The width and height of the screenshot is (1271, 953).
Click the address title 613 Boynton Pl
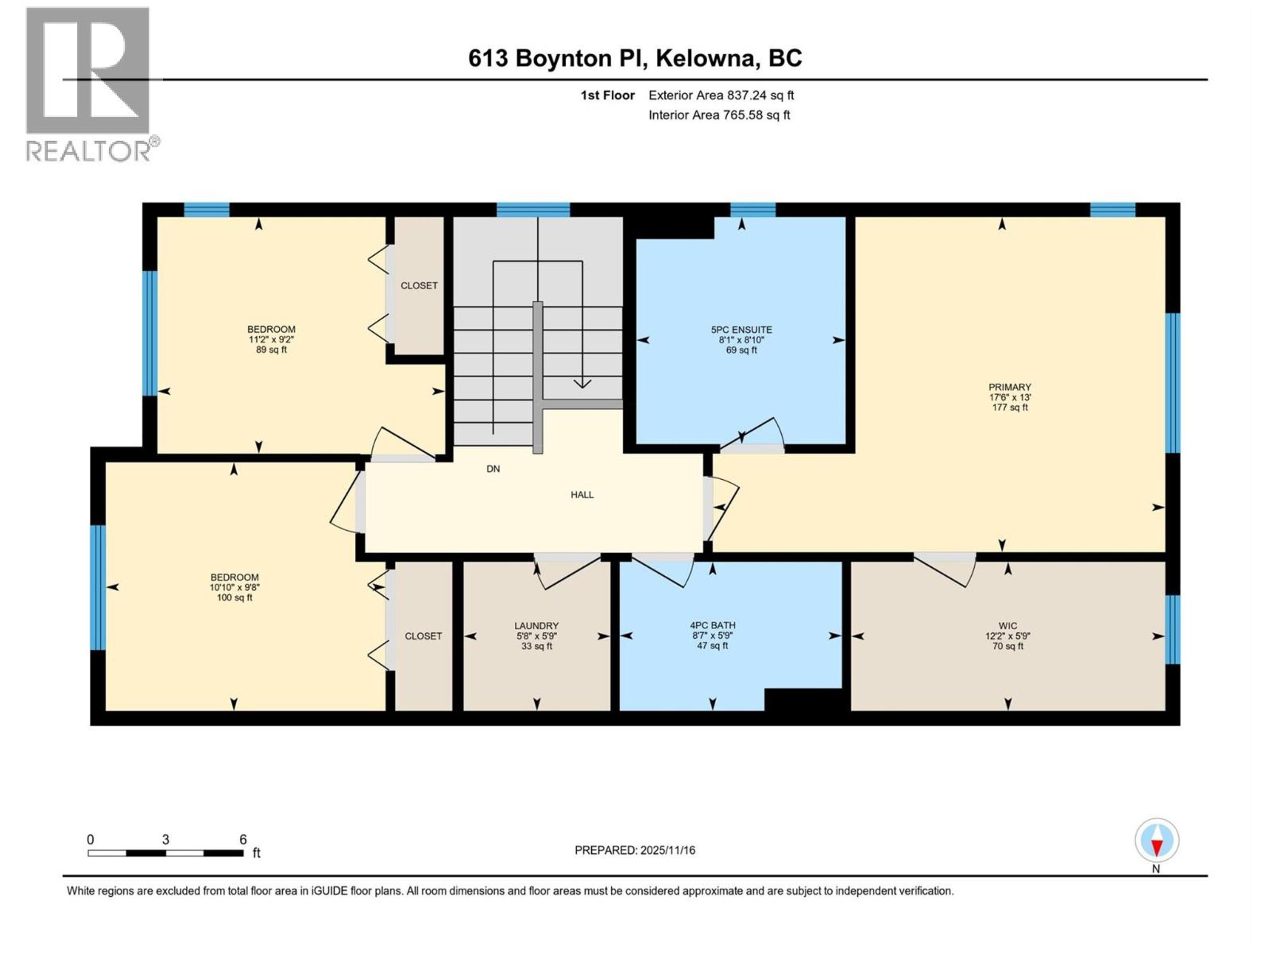click(x=635, y=58)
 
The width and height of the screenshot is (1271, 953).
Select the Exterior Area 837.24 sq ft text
click(x=721, y=95)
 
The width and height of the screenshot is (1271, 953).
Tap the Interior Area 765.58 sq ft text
click(x=719, y=115)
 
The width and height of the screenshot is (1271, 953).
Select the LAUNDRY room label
click(x=536, y=635)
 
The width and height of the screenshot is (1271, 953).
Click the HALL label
click(x=582, y=495)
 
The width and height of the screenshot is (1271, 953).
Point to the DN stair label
click(x=493, y=469)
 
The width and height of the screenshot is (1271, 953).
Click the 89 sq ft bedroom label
click(x=271, y=339)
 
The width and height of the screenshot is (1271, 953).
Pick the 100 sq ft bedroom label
click(x=234, y=587)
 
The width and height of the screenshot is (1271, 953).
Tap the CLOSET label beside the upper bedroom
click(x=419, y=286)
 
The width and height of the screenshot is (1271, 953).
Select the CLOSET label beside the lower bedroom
click(x=423, y=636)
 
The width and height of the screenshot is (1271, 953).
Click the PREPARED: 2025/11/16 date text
click(x=635, y=850)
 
